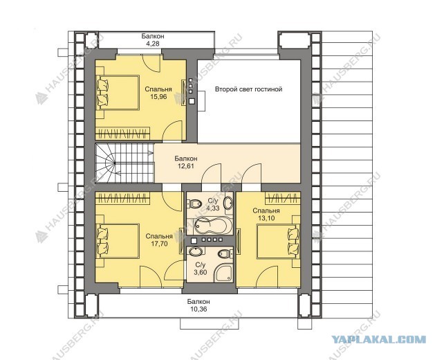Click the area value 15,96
[158, 97]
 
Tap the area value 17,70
[159, 244]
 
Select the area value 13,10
[266, 218]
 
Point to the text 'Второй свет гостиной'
[248, 89]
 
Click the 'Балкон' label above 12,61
[186, 158]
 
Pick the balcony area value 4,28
[153, 44]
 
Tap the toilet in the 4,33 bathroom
[194, 204]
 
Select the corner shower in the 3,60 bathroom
[224, 273]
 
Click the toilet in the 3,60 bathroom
[225, 253]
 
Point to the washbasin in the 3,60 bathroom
[196, 251]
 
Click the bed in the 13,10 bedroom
[278, 241]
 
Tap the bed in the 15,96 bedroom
[118, 92]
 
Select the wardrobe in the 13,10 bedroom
[283, 197]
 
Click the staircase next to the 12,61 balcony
[124, 163]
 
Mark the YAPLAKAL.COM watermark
[379, 339]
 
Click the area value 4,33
[213, 208]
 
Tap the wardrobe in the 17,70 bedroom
[122, 197]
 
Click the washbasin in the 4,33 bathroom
[228, 204]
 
